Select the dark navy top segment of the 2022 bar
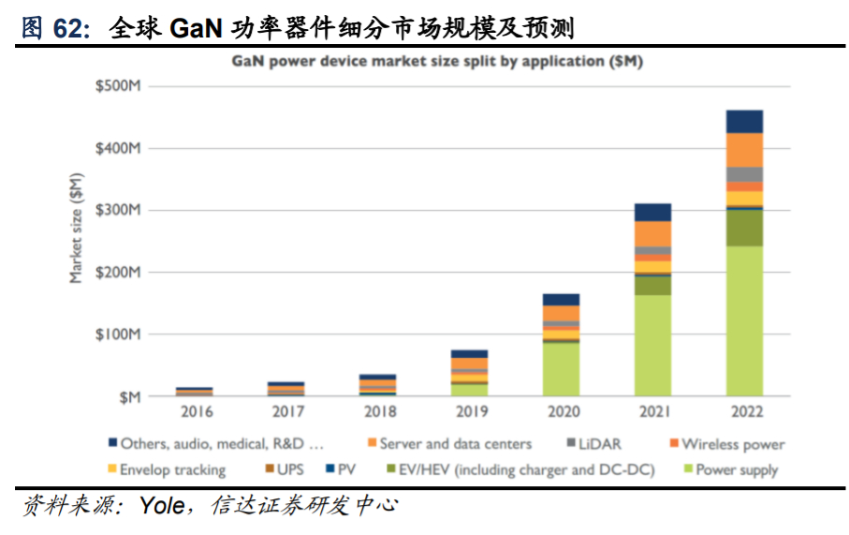tap(744, 121)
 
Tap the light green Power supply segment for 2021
tap(652, 345)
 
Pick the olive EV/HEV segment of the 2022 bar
tap(744, 228)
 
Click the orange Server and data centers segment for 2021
tap(652, 233)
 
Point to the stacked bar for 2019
tap(469, 373)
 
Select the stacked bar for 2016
tap(194, 391)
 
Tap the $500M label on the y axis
tap(118, 86)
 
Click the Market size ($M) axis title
tap(76, 227)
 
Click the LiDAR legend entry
tap(599, 444)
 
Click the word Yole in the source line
tap(161, 507)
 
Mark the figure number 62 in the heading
tap(68, 28)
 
